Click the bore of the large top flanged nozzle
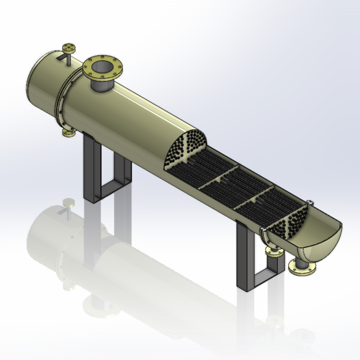click(x=102, y=67)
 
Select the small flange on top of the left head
click(x=69, y=46)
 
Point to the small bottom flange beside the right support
click(x=274, y=253)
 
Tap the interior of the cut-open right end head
click(x=321, y=236)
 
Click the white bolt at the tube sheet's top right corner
click(x=309, y=201)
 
